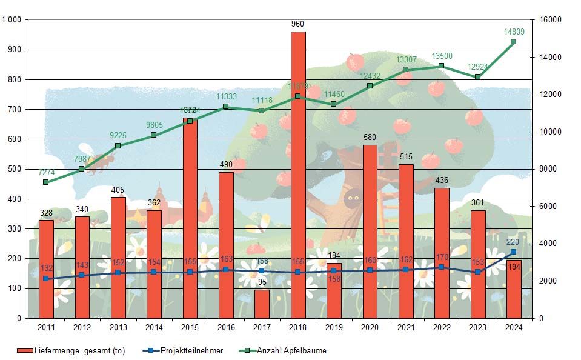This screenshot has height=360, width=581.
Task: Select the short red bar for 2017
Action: pos(262,304)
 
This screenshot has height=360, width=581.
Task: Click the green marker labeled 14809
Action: pos(513,42)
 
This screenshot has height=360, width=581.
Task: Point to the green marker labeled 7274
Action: pos(46,182)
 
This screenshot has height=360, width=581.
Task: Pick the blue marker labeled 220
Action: pos(513,252)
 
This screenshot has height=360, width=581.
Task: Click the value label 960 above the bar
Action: pos(297,24)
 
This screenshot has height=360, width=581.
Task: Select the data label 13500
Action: pos(441,56)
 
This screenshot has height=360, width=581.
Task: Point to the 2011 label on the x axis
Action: pos(46,327)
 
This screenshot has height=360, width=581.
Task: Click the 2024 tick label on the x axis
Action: pos(513,327)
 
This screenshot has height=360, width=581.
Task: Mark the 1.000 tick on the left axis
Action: pos(12,20)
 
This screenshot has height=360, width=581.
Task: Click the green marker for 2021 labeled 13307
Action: pos(405,70)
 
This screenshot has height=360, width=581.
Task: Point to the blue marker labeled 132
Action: pos(46,279)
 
